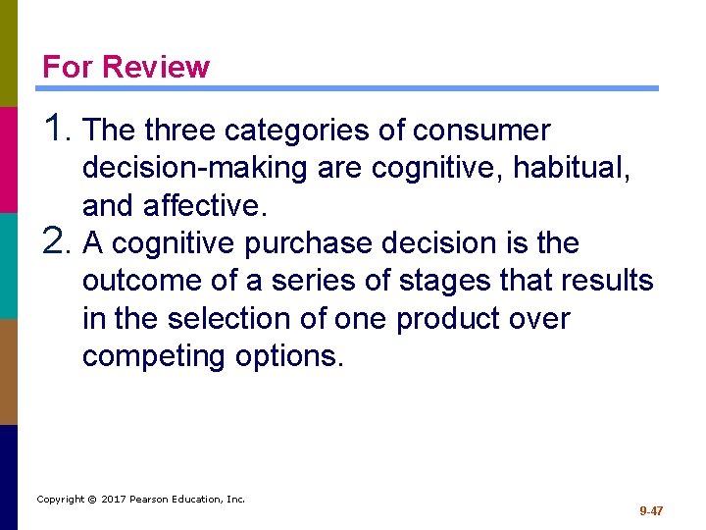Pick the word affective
(202, 206)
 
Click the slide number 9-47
(651, 511)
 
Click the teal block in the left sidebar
(9, 265)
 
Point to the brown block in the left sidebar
(9, 371)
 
